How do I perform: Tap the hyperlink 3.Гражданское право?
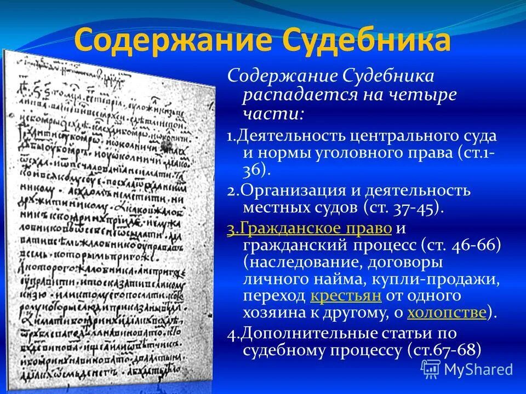tap(309, 228)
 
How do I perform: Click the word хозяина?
tap(277, 313)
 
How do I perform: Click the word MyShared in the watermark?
tap(478, 369)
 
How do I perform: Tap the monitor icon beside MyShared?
tap(430, 369)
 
